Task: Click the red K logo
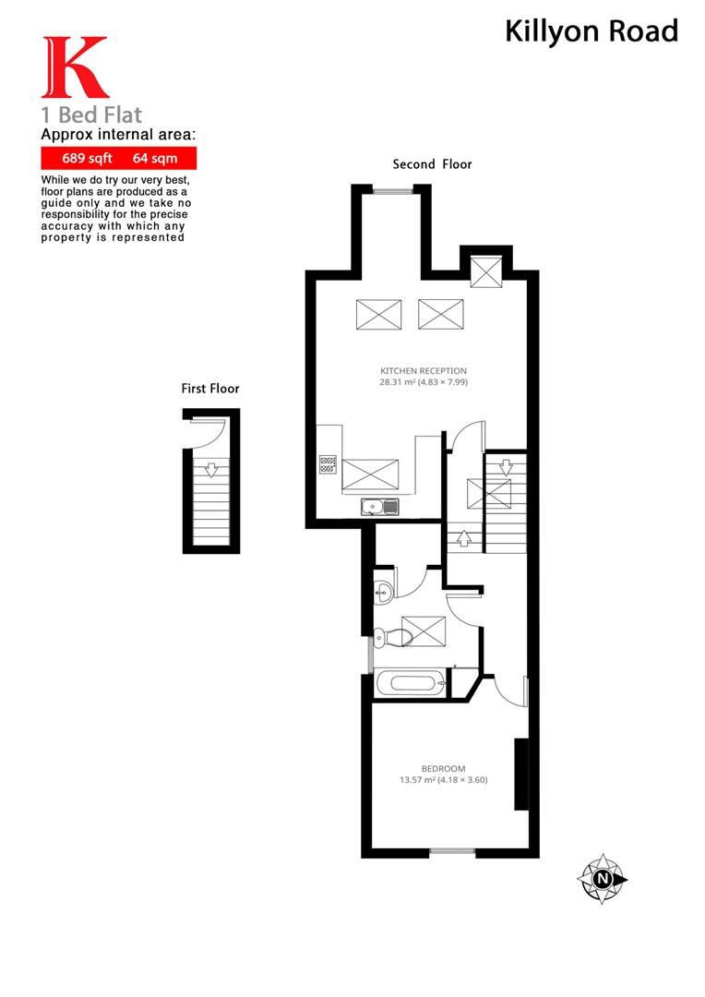75,67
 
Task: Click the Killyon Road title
591,31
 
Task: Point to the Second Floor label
432,164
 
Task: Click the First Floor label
209,389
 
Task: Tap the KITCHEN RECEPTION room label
424,371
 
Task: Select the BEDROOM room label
443,769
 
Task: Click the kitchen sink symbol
379,506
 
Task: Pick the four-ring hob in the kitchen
328,464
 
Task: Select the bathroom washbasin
383,591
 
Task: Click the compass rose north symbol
603,878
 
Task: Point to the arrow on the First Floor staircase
210,470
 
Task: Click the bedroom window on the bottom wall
451,851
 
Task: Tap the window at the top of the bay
392,190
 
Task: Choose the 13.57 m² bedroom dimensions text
443,780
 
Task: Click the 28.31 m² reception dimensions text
424,382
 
